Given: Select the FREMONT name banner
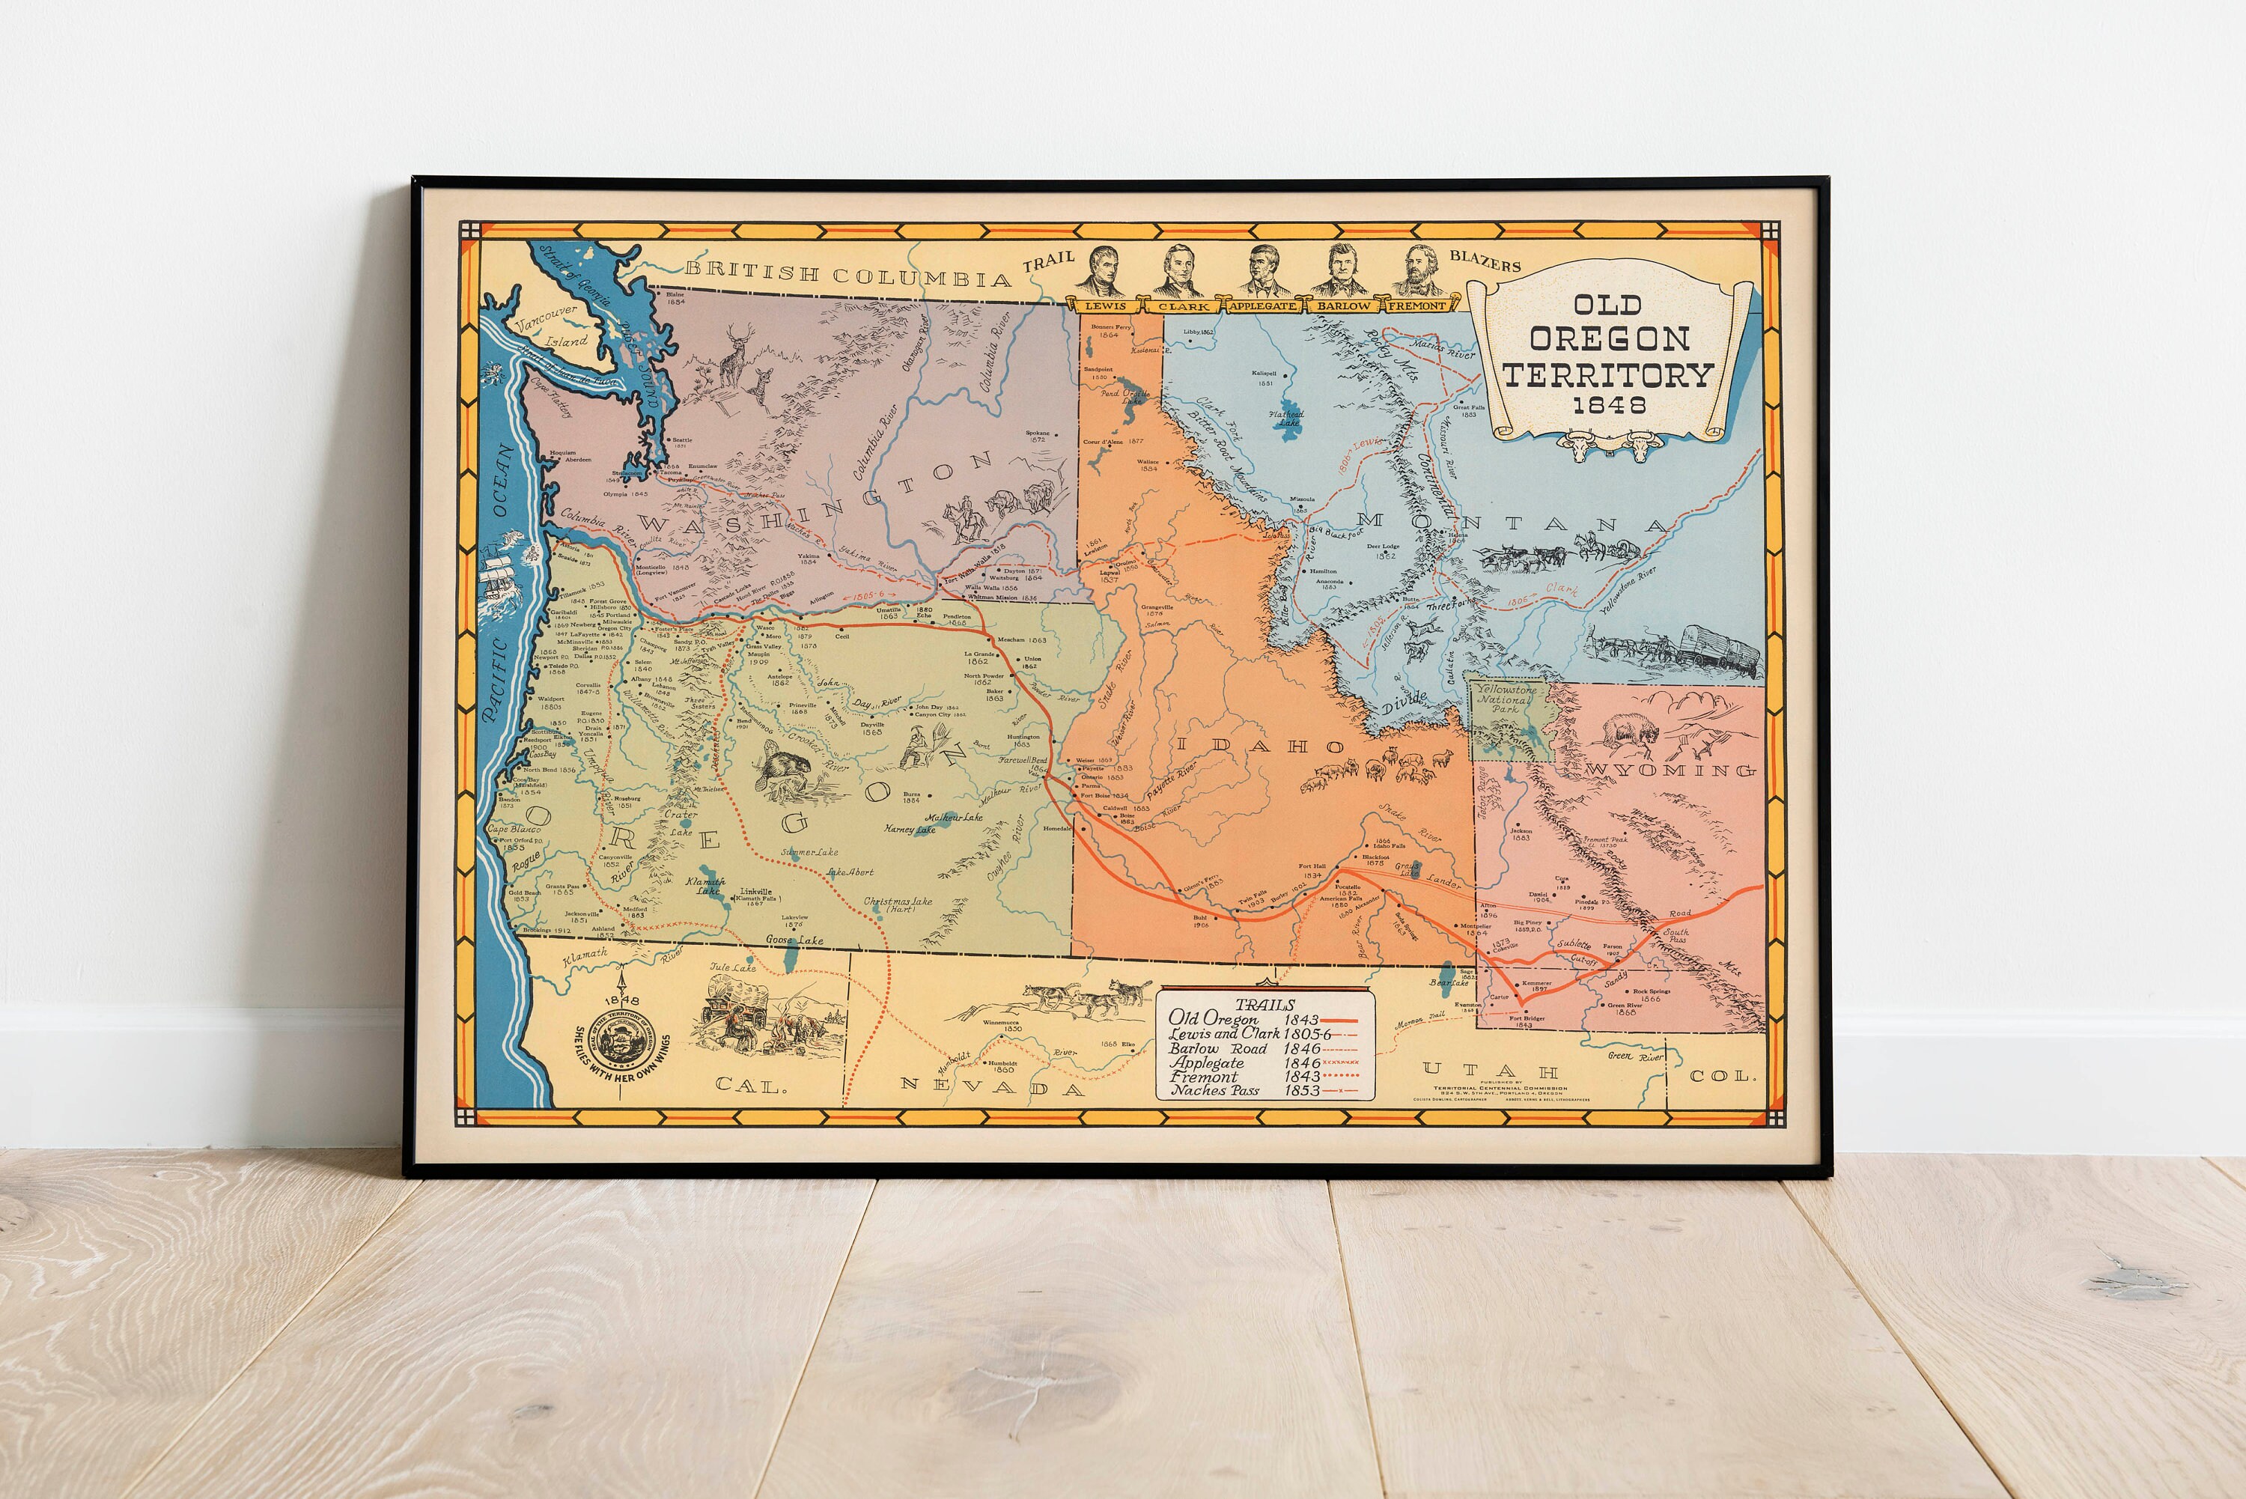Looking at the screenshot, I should (1417, 306).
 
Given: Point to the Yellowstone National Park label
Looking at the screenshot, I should (1506, 699).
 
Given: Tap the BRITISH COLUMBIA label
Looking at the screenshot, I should (847, 274).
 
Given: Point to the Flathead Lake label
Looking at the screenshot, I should (1285, 418).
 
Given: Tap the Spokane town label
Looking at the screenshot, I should (1037, 436).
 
